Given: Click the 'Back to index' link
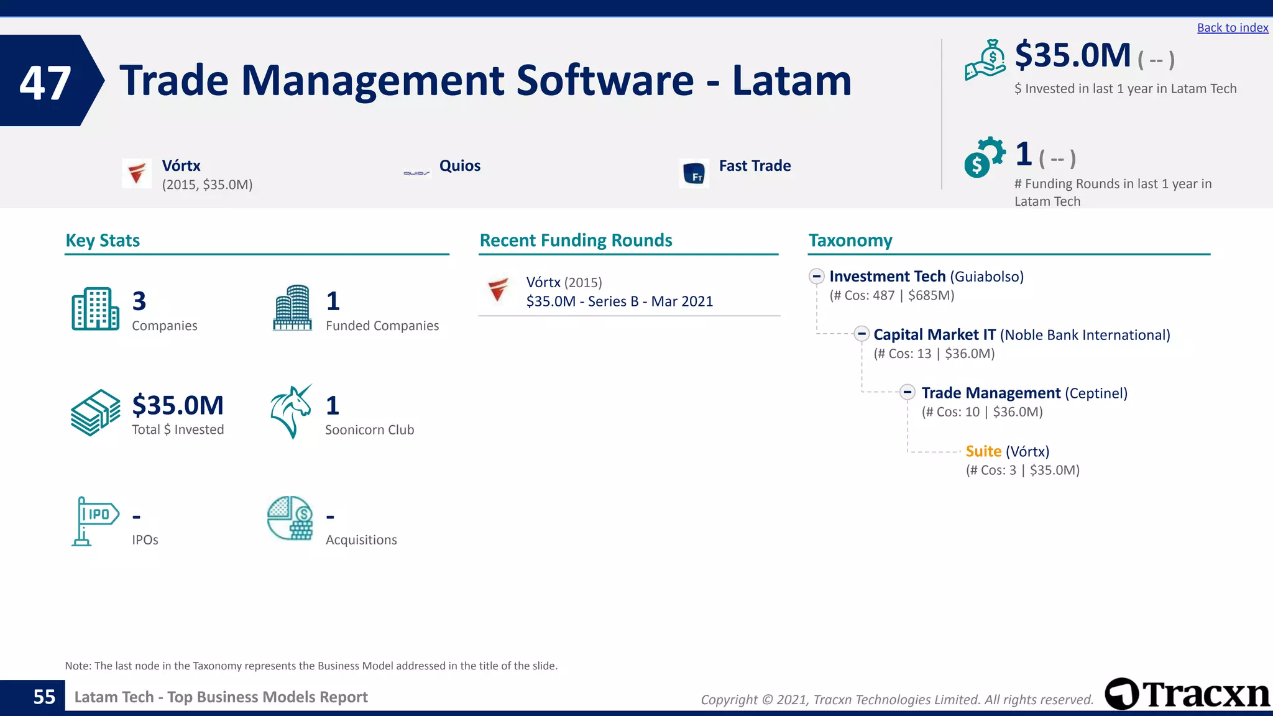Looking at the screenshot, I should click(x=1232, y=28).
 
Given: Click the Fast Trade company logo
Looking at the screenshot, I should click(x=694, y=173).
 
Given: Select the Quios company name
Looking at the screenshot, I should click(x=459, y=166).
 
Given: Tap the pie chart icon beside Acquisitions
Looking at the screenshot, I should click(x=290, y=518).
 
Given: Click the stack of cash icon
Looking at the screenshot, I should click(x=95, y=413).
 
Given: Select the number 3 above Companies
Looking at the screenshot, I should click(x=139, y=301).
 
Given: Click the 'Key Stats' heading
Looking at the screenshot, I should click(x=103, y=241).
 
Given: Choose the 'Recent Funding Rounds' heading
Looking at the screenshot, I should click(x=576, y=241).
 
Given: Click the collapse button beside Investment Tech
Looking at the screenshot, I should click(x=817, y=277).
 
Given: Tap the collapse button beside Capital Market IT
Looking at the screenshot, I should click(x=862, y=334).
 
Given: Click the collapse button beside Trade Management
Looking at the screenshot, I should click(x=908, y=392).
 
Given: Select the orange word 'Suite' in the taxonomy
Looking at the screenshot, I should click(x=983, y=451).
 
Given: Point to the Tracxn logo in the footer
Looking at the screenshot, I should click(x=1187, y=694).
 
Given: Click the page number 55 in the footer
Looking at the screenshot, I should click(x=44, y=697).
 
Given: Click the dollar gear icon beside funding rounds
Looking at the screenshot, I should click(x=983, y=157).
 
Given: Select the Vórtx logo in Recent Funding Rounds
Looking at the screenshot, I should click(x=499, y=289).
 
